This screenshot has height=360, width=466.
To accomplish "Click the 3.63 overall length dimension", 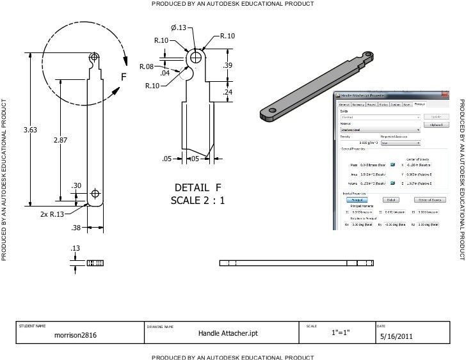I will tap(31, 130).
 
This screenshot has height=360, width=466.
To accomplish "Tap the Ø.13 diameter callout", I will tap(179, 27).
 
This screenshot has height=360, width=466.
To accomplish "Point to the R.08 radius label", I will tap(146, 67).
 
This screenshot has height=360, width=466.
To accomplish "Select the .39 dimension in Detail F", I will tap(227, 67).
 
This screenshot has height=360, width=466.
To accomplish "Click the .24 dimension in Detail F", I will tap(227, 93).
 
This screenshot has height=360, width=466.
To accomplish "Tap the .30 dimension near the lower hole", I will tap(76, 185).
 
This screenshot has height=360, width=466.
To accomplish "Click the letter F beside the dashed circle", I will tap(125, 78).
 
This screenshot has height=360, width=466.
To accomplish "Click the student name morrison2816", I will tap(76, 334).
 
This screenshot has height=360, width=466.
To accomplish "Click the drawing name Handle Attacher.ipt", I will tap(228, 334).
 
